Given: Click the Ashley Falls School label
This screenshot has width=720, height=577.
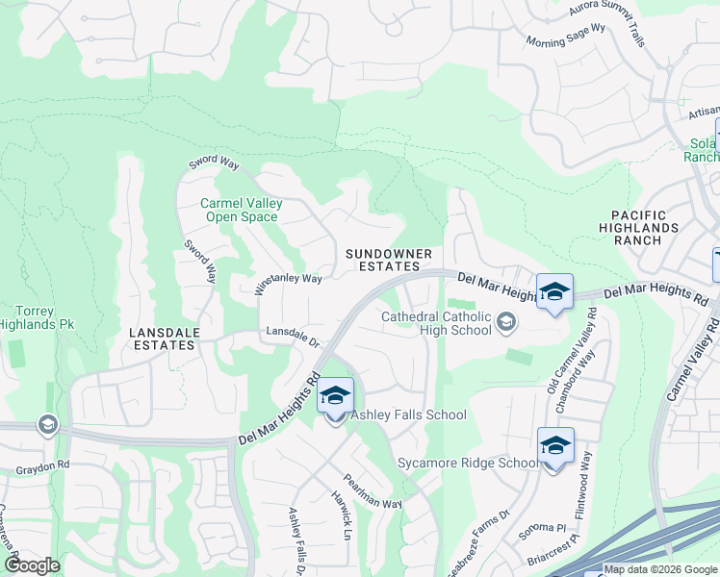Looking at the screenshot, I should (408, 415).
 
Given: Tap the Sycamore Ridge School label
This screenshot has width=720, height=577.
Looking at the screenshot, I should (469, 464).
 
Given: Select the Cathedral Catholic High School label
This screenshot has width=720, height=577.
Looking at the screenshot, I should (435, 323).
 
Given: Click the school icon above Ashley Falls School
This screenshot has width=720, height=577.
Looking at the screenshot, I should (335, 396).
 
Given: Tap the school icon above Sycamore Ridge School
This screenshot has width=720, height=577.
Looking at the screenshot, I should (555, 445).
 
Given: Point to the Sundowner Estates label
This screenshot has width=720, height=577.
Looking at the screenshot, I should (389, 259).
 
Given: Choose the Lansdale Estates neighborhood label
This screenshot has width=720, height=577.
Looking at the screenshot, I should (162, 339).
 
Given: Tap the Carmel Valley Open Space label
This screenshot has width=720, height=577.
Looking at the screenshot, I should (241, 210).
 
